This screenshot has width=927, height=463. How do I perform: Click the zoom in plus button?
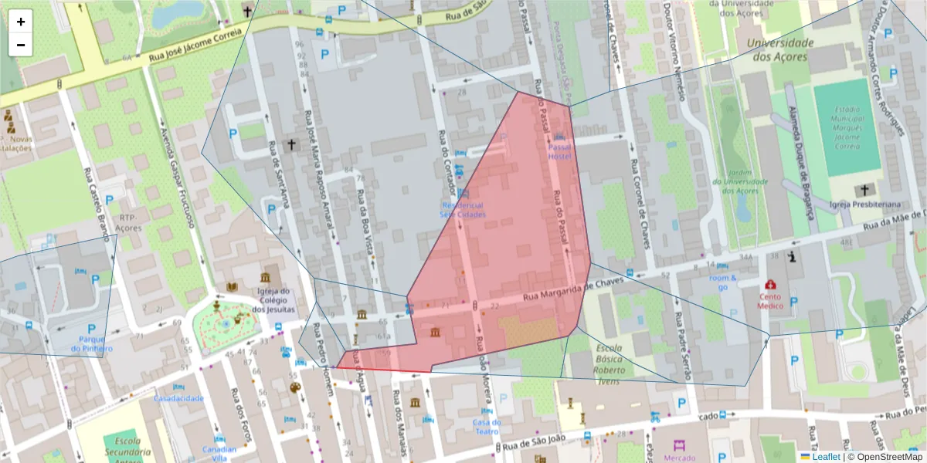pos(21,22)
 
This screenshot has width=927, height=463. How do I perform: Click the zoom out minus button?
pos(21,45)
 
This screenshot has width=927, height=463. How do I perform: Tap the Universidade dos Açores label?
pos(779,50)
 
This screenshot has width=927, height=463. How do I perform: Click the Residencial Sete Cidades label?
pos(463,210)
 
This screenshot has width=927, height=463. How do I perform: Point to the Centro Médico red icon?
pos(770,285)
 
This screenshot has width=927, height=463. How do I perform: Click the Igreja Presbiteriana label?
pos(865,204)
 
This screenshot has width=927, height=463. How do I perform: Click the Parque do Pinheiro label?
pos(92,343)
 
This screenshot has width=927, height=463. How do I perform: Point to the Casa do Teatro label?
pos(487,427)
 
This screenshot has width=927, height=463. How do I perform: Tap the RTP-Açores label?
pos(128,223)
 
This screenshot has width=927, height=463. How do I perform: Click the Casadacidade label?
pos(178,399)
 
